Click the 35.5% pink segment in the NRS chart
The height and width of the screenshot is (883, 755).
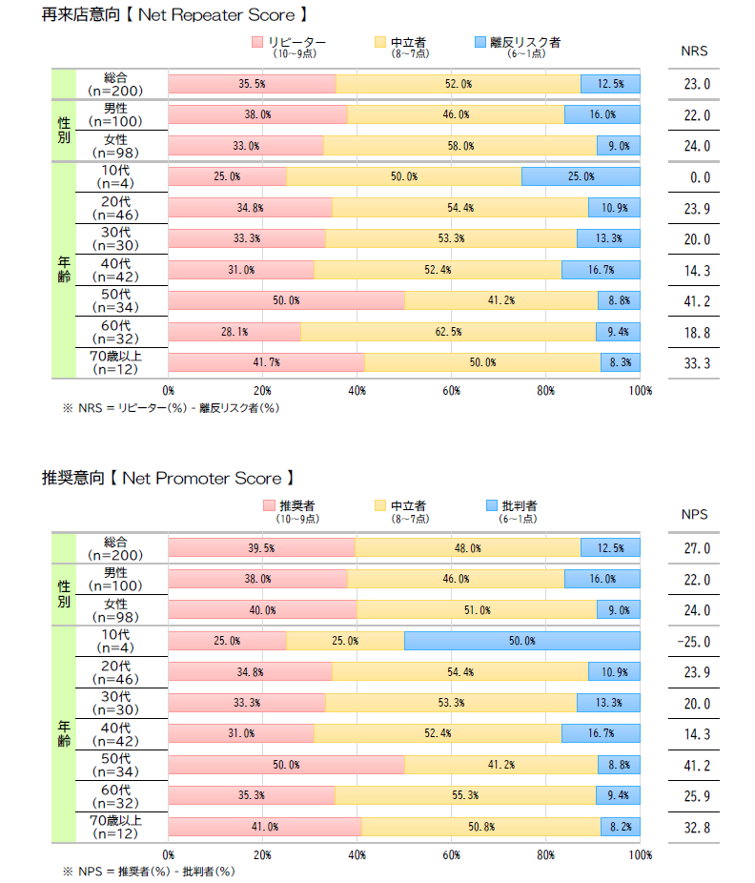click(x=252, y=84)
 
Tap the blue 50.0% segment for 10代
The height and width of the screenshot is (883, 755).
click(x=521, y=641)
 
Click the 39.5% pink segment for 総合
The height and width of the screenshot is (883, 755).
click(x=261, y=548)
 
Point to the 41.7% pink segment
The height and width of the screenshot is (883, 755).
click(x=266, y=362)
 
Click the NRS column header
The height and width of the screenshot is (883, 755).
click(x=695, y=51)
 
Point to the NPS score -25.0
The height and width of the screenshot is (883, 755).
click(x=694, y=642)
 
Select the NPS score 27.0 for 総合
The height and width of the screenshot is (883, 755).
click(x=697, y=548)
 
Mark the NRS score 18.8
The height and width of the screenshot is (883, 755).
click(x=697, y=332)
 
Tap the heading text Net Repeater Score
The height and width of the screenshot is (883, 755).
click(x=214, y=15)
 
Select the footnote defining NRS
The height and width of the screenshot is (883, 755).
click(x=171, y=407)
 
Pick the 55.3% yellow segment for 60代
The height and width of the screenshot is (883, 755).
click(x=467, y=796)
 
